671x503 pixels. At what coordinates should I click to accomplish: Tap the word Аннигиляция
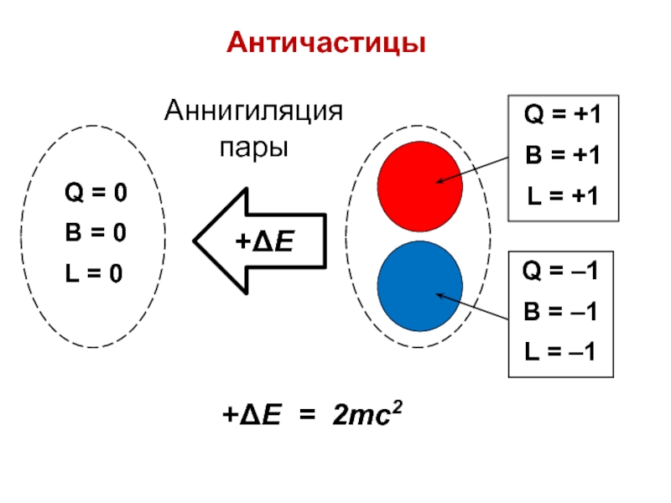(253, 111)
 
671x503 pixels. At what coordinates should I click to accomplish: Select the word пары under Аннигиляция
(253, 148)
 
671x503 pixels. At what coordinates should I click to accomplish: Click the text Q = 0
(96, 194)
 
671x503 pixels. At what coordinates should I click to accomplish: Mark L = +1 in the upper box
(562, 196)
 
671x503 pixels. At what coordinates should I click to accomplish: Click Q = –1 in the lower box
(560, 272)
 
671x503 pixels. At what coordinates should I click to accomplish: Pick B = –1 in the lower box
(560, 312)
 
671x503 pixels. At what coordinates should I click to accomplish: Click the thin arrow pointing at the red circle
(474, 171)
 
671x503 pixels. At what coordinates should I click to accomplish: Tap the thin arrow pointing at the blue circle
(474, 307)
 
